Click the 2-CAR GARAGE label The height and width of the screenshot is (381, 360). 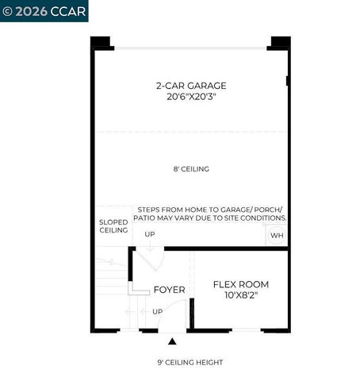click(191, 85)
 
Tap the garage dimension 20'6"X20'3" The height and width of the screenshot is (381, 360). click(191, 97)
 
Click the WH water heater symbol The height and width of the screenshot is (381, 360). click(277, 236)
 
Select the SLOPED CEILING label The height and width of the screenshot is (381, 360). click(113, 225)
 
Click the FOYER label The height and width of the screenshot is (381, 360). click(169, 290)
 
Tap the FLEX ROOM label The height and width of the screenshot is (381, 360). click(241, 284)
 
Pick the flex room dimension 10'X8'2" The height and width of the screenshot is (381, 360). click(241, 296)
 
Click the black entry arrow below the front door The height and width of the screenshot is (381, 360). click(172, 342)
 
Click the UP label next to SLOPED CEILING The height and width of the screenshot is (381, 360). click(149, 234)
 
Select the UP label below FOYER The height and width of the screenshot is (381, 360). click(157, 311)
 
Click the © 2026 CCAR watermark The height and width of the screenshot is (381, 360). click(44, 10)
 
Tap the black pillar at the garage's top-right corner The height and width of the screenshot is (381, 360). click(280, 42)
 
